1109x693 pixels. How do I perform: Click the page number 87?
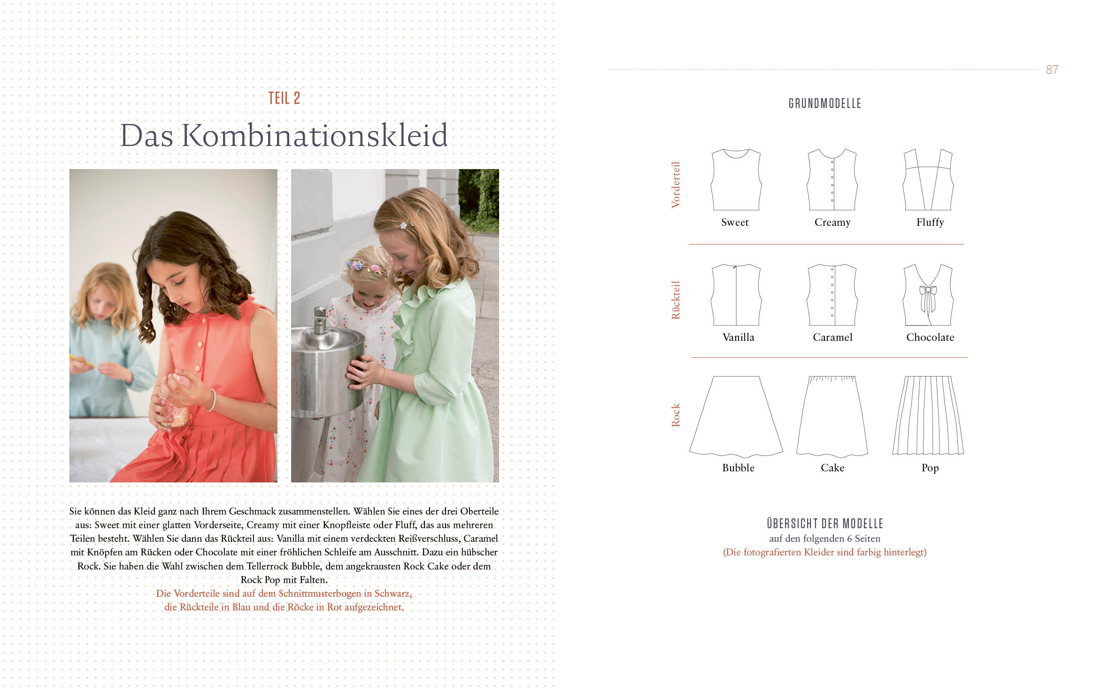click(x=1052, y=69)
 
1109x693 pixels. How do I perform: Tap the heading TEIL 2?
click(x=284, y=98)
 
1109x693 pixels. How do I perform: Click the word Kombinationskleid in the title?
click(x=314, y=135)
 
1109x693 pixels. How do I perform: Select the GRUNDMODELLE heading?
click(x=824, y=103)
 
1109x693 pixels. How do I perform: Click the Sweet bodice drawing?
click(x=736, y=179)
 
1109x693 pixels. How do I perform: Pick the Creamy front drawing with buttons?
click(x=832, y=179)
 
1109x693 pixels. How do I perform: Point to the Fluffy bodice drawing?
click(x=928, y=179)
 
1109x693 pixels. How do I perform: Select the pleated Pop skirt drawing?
click(x=928, y=415)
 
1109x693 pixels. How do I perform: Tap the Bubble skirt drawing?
click(x=736, y=416)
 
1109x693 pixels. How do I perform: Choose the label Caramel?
click(x=832, y=337)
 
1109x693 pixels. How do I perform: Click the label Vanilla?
click(x=738, y=337)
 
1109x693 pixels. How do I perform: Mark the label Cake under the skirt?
click(x=832, y=468)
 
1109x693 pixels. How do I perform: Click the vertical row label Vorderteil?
click(x=676, y=185)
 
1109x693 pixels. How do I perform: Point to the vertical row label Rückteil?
click(x=676, y=300)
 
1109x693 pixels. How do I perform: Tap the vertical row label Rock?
click(x=676, y=415)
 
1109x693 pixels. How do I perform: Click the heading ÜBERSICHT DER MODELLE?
click(x=825, y=524)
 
